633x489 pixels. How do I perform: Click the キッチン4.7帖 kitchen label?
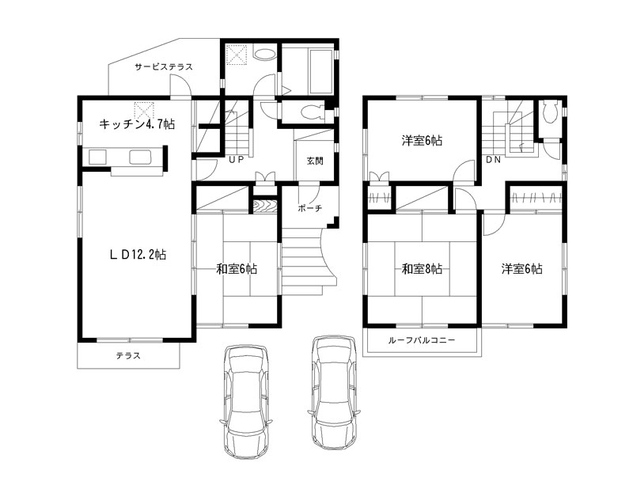click(x=137, y=124)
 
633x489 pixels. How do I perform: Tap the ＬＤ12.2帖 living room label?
click(x=138, y=255)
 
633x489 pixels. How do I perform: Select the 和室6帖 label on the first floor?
click(x=237, y=268)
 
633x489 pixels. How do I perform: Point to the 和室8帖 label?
click(x=422, y=268)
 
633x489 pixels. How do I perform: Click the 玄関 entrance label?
click(x=315, y=161)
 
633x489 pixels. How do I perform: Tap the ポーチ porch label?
click(x=310, y=208)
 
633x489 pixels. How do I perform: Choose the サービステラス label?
click(x=164, y=67)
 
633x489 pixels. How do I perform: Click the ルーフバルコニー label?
click(x=422, y=340)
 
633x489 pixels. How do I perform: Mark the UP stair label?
click(x=237, y=160)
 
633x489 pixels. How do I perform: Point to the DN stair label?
click(x=493, y=160)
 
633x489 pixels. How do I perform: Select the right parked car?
click(x=335, y=392)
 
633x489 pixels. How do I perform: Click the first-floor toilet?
click(x=313, y=112)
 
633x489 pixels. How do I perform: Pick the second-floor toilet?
click(x=551, y=112)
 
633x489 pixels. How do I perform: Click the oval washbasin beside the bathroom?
click(x=264, y=54)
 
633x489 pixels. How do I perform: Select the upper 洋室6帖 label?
click(x=422, y=141)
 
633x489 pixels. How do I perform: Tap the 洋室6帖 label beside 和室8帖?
click(x=522, y=268)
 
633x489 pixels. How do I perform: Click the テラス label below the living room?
click(x=128, y=356)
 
